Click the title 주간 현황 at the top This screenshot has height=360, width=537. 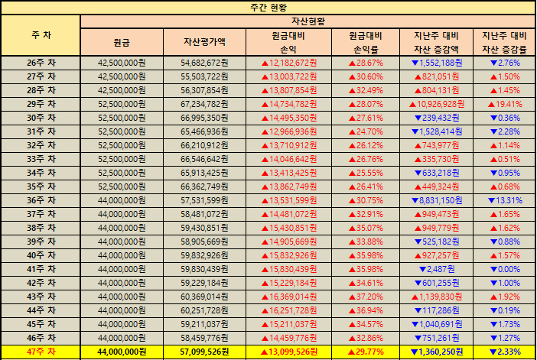point(268,7)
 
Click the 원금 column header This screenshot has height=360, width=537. point(122,42)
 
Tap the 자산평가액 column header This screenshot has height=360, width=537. point(205,42)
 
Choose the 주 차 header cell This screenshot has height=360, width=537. point(41,35)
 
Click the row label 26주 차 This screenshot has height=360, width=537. point(41,63)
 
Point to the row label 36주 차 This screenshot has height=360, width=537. point(41,199)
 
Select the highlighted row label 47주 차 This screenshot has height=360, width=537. point(41,352)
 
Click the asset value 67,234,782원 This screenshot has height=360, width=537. point(205,104)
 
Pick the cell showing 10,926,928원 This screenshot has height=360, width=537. point(438,104)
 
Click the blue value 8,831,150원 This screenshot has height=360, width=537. point(436,199)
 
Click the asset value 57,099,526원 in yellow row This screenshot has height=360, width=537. point(205,352)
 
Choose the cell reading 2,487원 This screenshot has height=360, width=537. point(436,269)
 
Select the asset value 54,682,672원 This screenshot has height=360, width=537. point(205,63)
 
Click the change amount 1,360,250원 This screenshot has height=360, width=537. point(436,352)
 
